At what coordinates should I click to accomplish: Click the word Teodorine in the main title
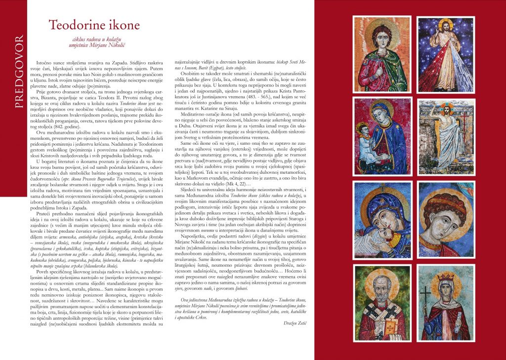[78, 25]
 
